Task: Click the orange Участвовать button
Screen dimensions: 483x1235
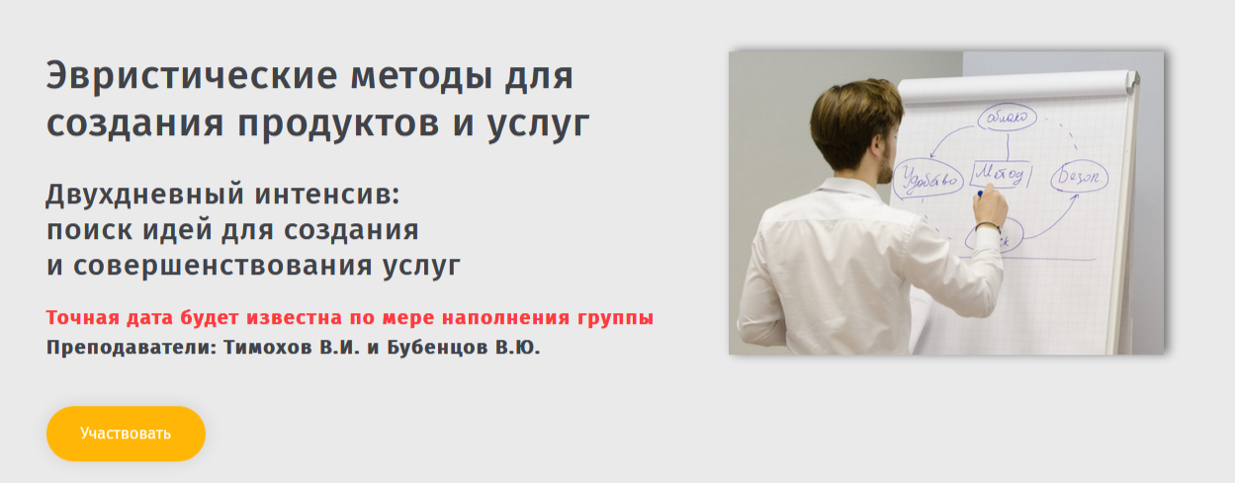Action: point(126,434)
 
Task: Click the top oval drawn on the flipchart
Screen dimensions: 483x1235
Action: point(1007,118)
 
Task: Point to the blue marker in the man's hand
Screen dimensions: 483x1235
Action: point(979,195)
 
